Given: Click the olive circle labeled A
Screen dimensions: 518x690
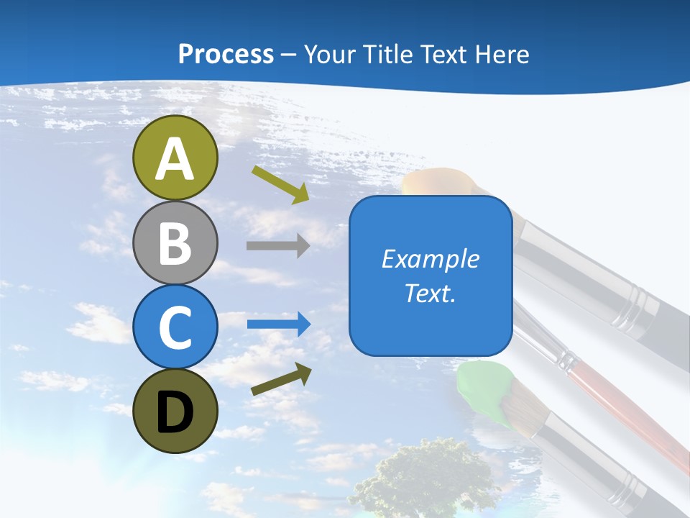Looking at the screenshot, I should point(175,158).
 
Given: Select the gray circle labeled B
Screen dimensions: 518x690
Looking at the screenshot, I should point(175,242).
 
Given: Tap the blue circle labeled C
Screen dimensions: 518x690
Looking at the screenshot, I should point(175,327).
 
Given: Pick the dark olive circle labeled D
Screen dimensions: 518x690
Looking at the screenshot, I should point(175,411).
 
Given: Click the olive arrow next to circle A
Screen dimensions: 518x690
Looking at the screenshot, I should point(280,183).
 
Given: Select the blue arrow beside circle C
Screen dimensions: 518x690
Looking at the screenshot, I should point(279,324).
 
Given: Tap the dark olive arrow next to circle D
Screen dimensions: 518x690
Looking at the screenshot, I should point(281,379).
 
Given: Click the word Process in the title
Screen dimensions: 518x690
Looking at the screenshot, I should point(226,54).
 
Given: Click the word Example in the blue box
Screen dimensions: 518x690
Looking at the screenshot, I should point(430,259).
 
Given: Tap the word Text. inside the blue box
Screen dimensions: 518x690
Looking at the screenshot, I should point(430,294).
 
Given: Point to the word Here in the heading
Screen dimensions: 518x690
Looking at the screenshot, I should point(503,54).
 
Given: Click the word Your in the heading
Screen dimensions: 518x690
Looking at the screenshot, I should point(330,54).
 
